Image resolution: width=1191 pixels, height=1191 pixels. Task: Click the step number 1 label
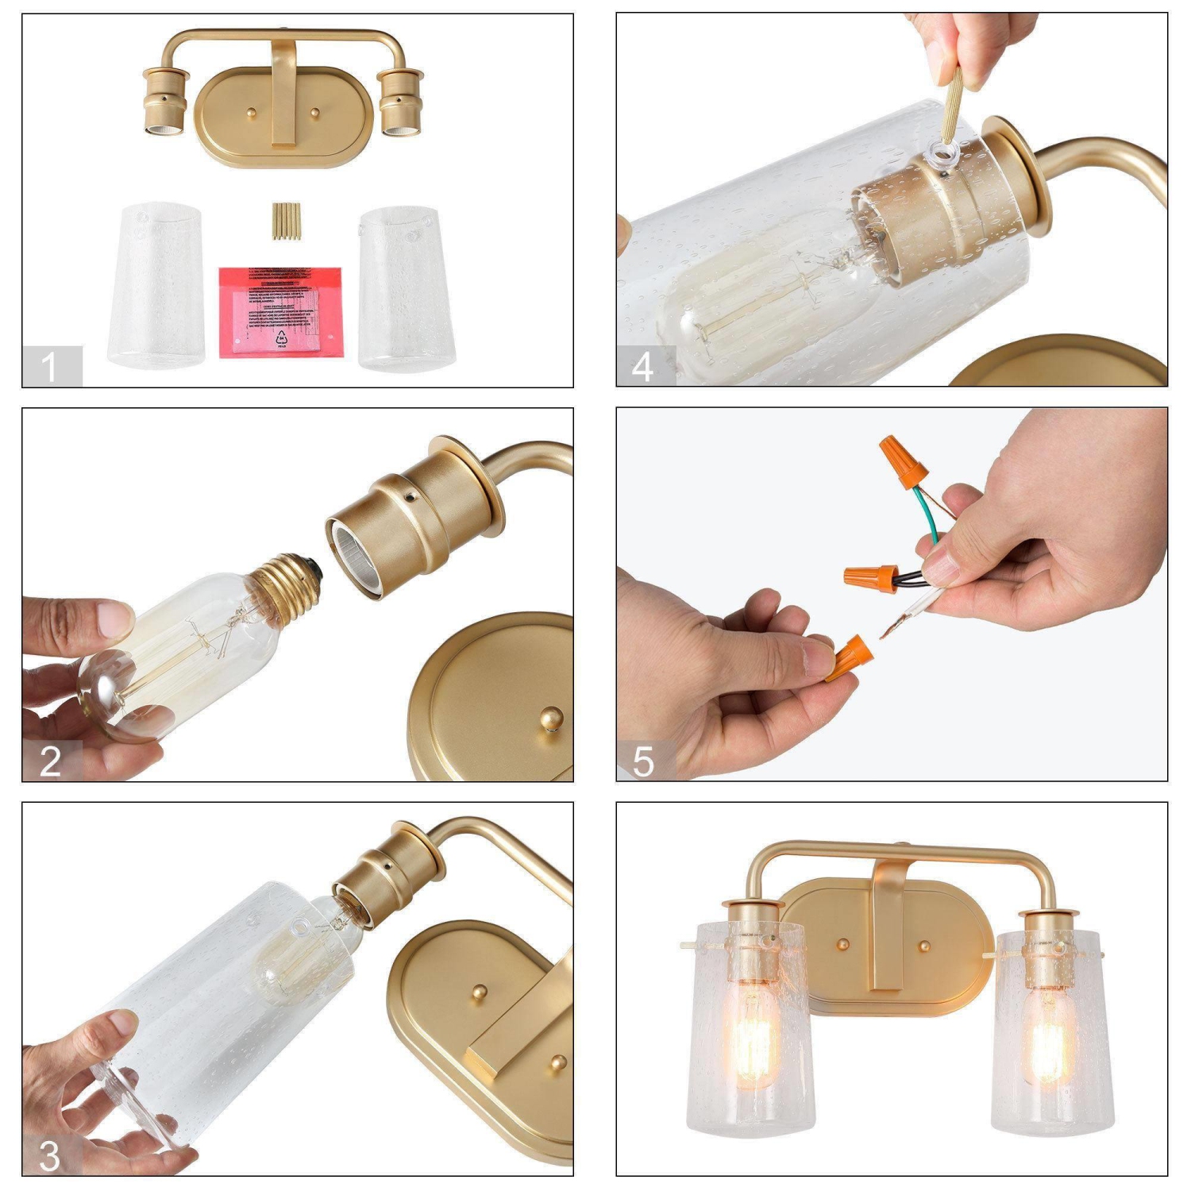coord(50,367)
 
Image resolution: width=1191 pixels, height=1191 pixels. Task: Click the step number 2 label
coord(50,761)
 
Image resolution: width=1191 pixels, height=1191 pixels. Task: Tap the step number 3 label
coord(49,1156)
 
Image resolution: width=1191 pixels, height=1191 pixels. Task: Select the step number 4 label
coord(642,367)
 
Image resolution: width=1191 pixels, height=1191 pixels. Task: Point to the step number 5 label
coord(643,761)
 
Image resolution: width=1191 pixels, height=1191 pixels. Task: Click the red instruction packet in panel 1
coord(279,311)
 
